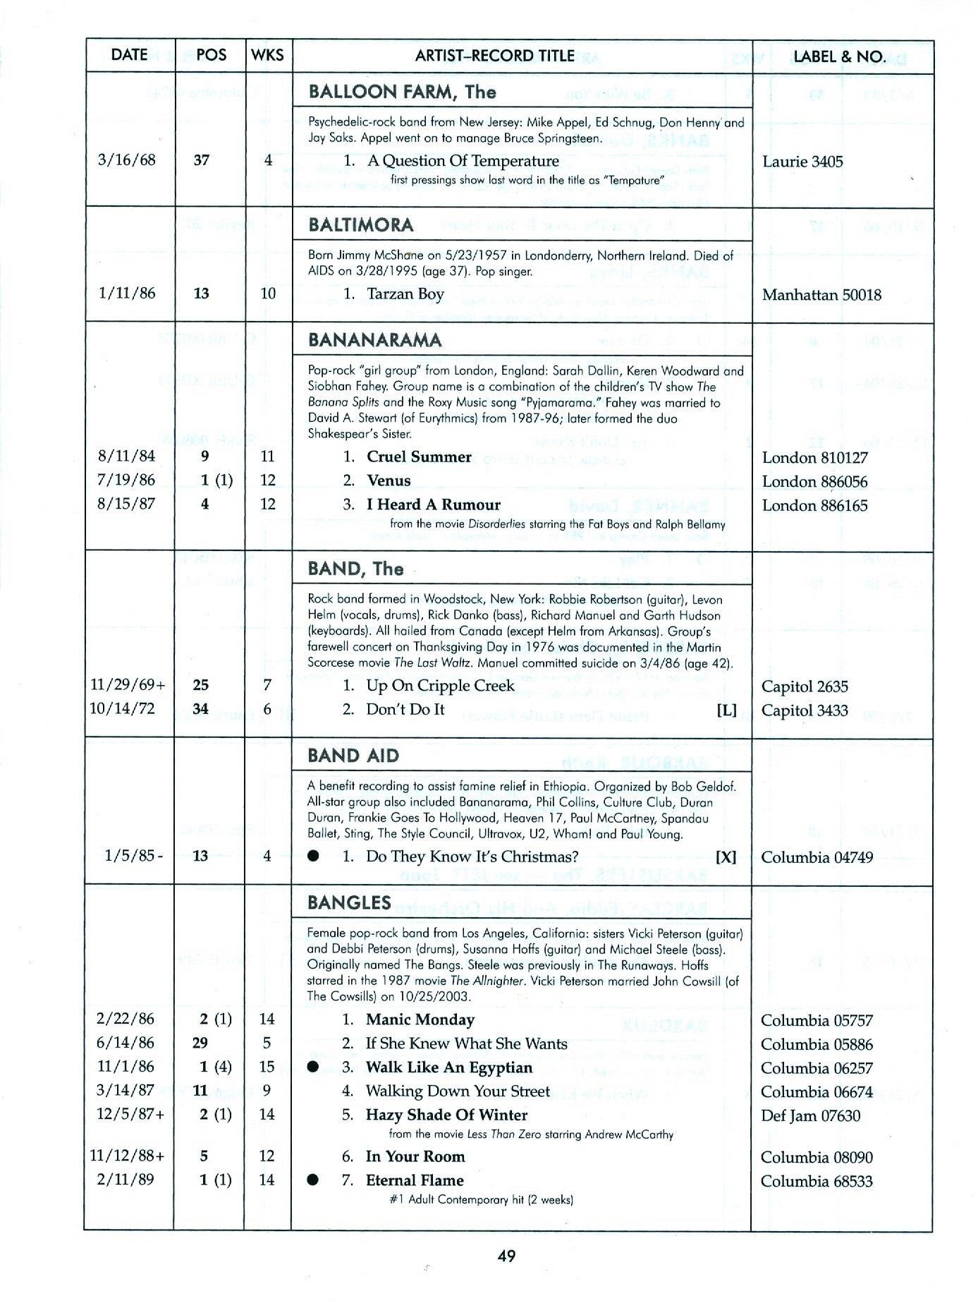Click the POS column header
pos(211,55)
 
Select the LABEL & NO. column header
pos(839,56)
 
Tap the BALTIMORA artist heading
pos(361,225)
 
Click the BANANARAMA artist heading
pos(374,340)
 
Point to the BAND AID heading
pos(353,756)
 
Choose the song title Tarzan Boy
pos(405,294)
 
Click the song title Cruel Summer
pos(419,456)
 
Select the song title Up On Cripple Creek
pos(440,686)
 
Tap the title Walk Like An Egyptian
pos(448,1067)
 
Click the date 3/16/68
pos(126,159)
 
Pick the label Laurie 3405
pos(802,162)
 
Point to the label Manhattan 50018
pos(821,295)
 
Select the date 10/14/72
pos(123,708)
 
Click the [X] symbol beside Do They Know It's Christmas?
pos(726,857)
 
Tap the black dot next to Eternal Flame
pos(314,1180)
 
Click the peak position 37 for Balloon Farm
pos(202,160)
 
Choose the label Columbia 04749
pos(817,857)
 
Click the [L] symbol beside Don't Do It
pos(726,710)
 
